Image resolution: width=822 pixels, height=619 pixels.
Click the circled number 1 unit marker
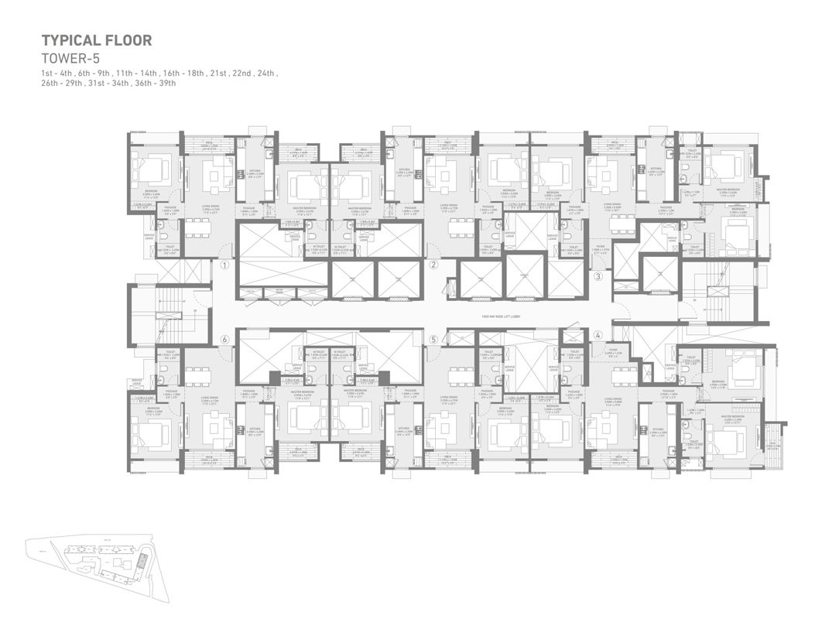coord(224,265)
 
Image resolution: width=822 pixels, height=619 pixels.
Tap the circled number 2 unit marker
coord(433,265)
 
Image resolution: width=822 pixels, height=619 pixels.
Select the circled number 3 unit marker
coord(598,276)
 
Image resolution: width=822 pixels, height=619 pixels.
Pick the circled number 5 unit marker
coord(433,339)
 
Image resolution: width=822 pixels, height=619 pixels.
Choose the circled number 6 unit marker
coord(224,339)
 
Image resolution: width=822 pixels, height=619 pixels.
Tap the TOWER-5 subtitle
coord(70,58)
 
